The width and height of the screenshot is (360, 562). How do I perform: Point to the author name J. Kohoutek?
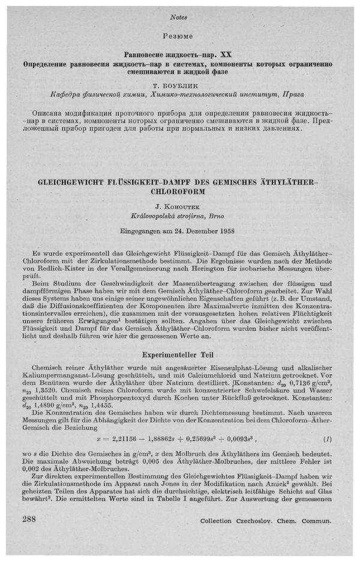180,208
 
